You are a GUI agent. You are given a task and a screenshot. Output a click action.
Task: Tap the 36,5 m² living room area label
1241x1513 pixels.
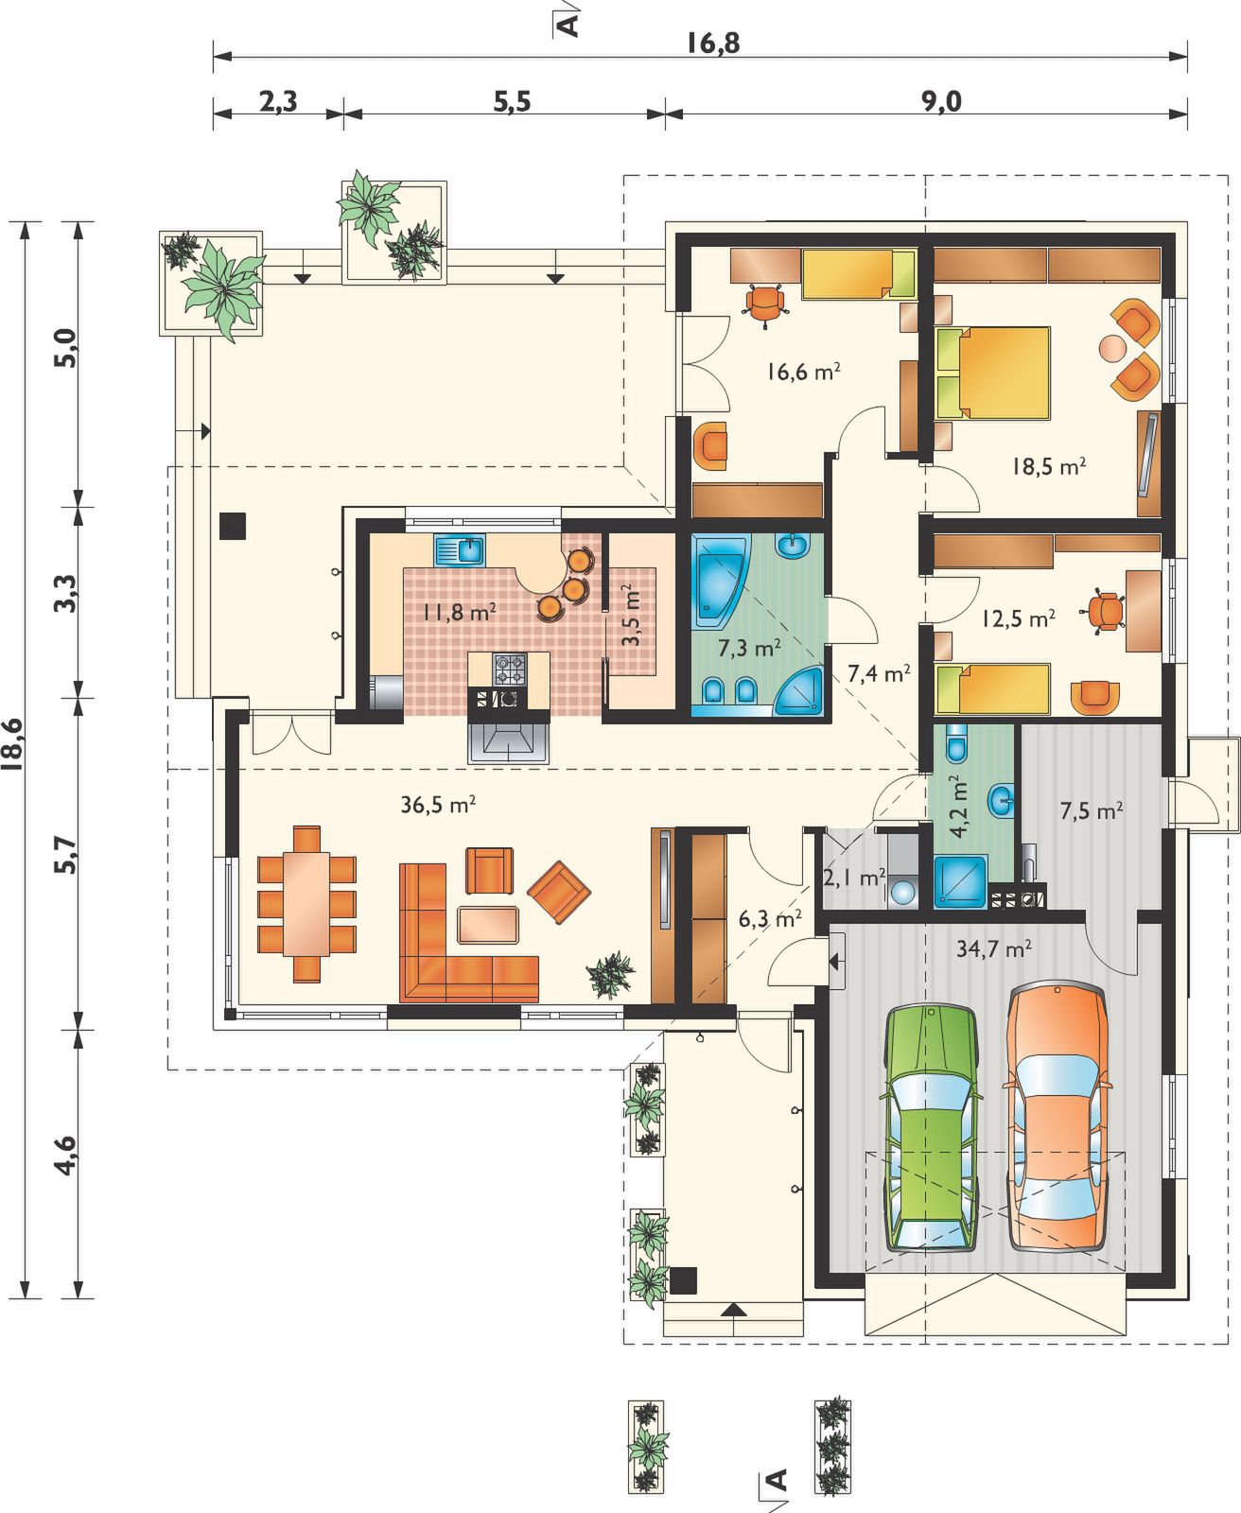click(438, 805)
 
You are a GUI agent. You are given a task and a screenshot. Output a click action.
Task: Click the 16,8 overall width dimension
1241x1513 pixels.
click(713, 43)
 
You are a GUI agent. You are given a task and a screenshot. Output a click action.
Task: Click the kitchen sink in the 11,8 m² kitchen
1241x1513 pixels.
click(460, 549)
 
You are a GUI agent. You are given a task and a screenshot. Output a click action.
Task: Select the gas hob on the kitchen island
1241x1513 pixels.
click(509, 670)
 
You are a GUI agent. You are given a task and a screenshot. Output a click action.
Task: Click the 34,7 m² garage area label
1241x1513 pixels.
click(994, 948)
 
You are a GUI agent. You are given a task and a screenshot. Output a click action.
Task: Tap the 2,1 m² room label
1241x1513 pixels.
click(854, 878)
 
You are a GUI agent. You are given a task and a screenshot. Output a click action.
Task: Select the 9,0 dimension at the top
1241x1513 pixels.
click(941, 102)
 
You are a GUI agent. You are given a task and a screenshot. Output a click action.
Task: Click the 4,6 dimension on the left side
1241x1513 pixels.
click(64, 1156)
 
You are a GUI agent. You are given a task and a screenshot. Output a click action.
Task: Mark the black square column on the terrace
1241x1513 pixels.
click(234, 526)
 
